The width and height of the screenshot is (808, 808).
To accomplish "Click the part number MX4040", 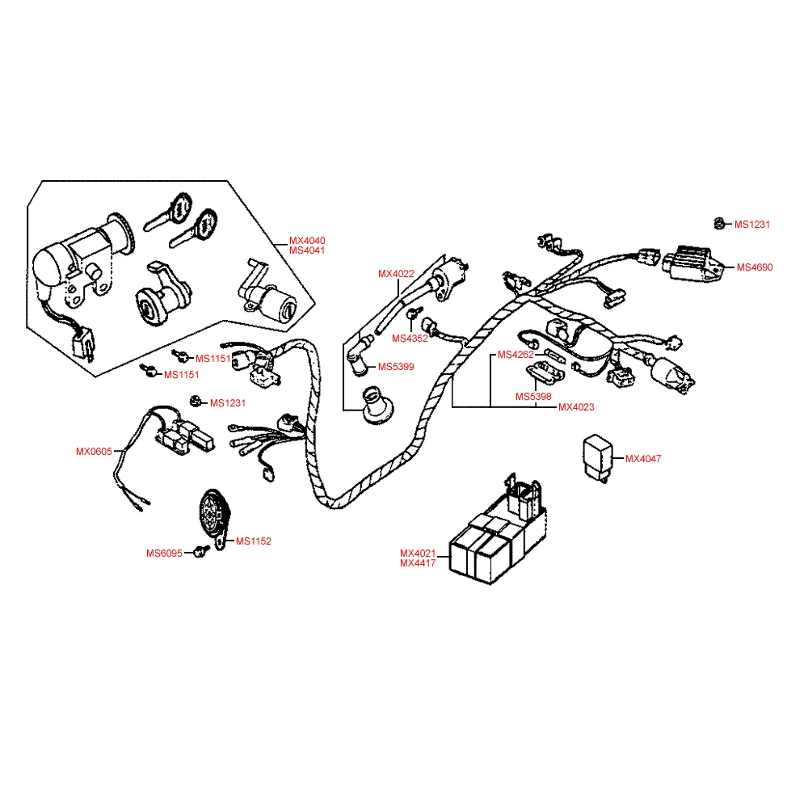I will click(x=307, y=241).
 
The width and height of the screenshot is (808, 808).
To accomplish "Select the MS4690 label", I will click(x=755, y=267).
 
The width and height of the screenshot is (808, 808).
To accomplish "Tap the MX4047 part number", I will click(x=643, y=459).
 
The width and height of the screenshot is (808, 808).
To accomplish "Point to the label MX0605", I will click(x=94, y=452).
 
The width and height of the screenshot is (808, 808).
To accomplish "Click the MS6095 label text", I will click(x=164, y=553).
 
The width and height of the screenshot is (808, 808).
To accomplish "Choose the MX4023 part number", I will click(x=576, y=407).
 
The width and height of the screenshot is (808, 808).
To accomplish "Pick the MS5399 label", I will click(x=396, y=367).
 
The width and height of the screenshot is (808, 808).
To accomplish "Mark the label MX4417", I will click(x=418, y=563).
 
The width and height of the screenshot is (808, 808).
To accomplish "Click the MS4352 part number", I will click(x=410, y=339).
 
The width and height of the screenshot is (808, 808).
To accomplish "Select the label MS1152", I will click(x=254, y=541).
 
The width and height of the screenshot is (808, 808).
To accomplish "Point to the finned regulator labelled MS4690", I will click(x=691, y=262).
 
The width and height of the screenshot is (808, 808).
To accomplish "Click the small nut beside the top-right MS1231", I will click(x=718, y=224).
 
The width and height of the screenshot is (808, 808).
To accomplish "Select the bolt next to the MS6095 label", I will click(x=199, y=552).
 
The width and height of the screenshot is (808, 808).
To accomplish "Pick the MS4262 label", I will click(x=515, y=355).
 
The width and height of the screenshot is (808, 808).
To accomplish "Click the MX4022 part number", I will click(x=396, y=274).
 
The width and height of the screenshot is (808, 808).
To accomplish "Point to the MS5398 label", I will click(x=534, y=397).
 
